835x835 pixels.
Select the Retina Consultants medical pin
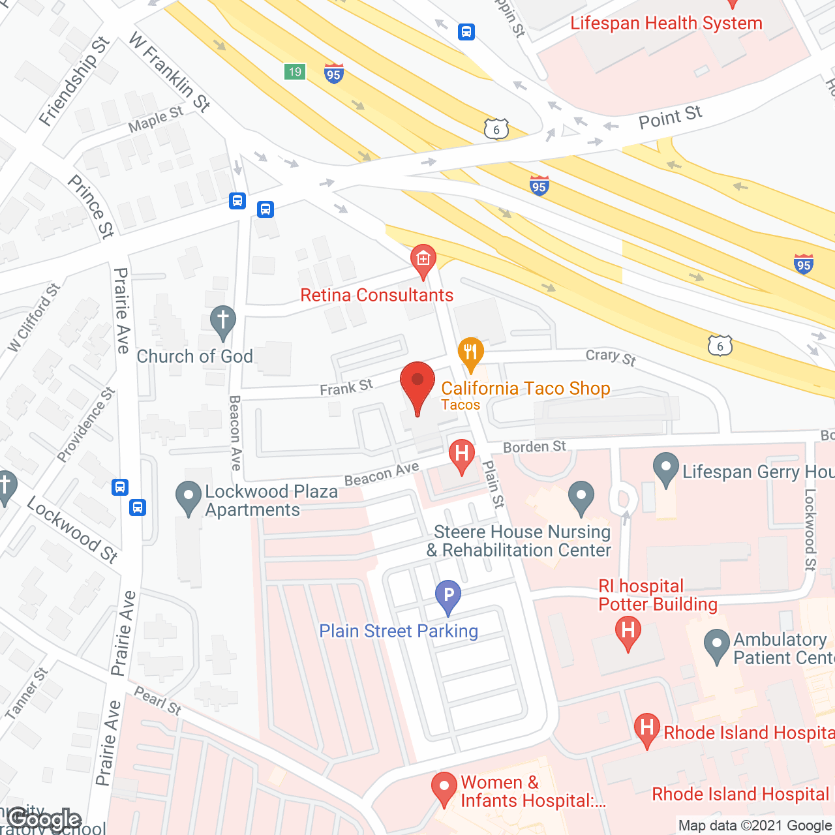(423, 260)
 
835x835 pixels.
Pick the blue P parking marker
(448, 596)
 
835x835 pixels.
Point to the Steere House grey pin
(581, 498)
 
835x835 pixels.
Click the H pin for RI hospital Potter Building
(628, 633)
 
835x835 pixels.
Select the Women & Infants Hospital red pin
(444, 788)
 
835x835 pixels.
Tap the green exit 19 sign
(295, 72)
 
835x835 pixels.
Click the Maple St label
(156, 119)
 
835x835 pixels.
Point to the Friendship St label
(74, 82)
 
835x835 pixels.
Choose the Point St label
(670, 117)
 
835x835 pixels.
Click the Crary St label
(611, 356)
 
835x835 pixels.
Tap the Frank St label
(346, 387)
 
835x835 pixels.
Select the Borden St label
(534, 447)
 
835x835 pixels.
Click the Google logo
(44, 819)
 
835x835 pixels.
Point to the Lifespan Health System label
(666, 23)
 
